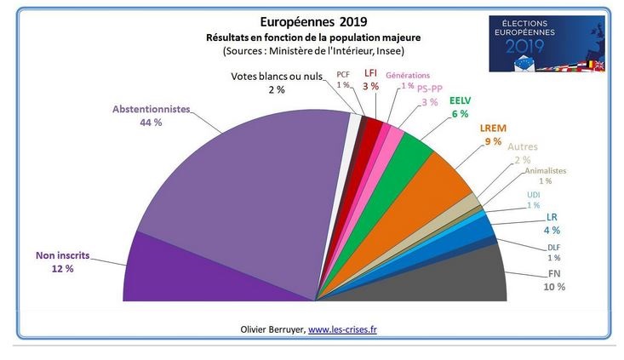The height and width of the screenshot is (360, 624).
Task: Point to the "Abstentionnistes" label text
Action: click(x=152, y=109)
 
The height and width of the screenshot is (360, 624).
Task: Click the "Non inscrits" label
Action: click(x=61, y=254)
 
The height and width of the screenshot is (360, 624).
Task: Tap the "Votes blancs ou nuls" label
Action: click(x=277, y=77)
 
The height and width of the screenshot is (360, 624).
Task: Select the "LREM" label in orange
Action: click(x=491, y=129)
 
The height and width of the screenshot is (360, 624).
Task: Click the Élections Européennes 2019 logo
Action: click(x=547, y=43)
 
